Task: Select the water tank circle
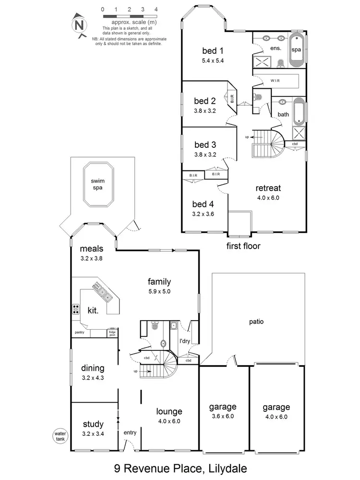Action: tap(60, 437)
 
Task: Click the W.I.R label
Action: tap(275, 81)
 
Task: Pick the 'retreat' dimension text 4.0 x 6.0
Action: tap(268, 197)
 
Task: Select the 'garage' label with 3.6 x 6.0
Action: tap(223, 407)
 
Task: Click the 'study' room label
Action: tap(93, 424)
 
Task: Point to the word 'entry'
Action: tap(130, 433)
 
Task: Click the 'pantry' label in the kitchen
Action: tap(80, 332)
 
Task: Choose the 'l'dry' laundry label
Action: tap(185, 341)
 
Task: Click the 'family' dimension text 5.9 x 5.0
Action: tap(159, 291)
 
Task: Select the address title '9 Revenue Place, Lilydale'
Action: tap(180, 468)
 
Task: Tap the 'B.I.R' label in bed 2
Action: tap(232, 100)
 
